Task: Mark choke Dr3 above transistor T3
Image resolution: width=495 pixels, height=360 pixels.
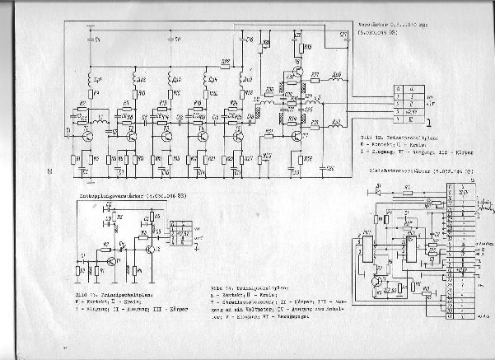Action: (172, 79)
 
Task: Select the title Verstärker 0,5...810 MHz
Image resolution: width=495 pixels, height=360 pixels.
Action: (386, 26)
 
